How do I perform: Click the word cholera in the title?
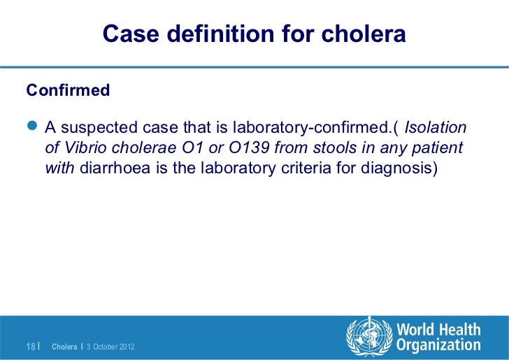pyautogui.click(x=368, y=34)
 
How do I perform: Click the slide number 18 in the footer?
pyautogui.click(x=30, y=346)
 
